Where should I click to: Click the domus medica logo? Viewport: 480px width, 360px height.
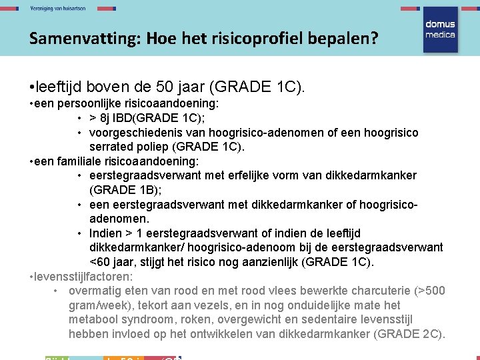tap(439, 30)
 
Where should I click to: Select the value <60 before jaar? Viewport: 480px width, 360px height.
tap(101, 261)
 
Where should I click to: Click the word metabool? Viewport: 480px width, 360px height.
tap(93, 320)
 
